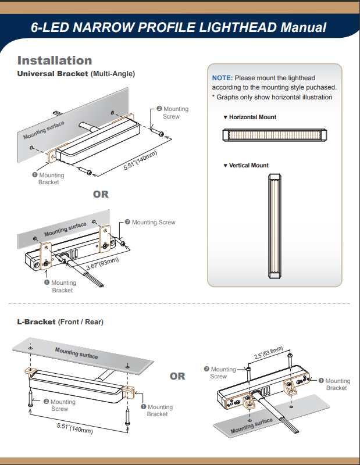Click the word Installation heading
pos(55,60)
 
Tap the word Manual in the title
pos(303,27)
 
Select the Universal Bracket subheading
pos(52,74)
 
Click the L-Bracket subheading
pos(36,321)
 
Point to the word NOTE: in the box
pos(222,78)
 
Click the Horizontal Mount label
pos(252,117)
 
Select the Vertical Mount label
pos(248,166)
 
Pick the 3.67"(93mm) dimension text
pos(102,263)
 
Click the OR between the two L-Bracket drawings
pos(177,376)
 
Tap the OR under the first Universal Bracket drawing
pos(101,194)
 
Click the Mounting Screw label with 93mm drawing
pos(153,222)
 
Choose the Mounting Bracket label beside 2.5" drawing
pos(337,384)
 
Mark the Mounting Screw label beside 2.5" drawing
pos(223,373)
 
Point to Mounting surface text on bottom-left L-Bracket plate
pos(76,352)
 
